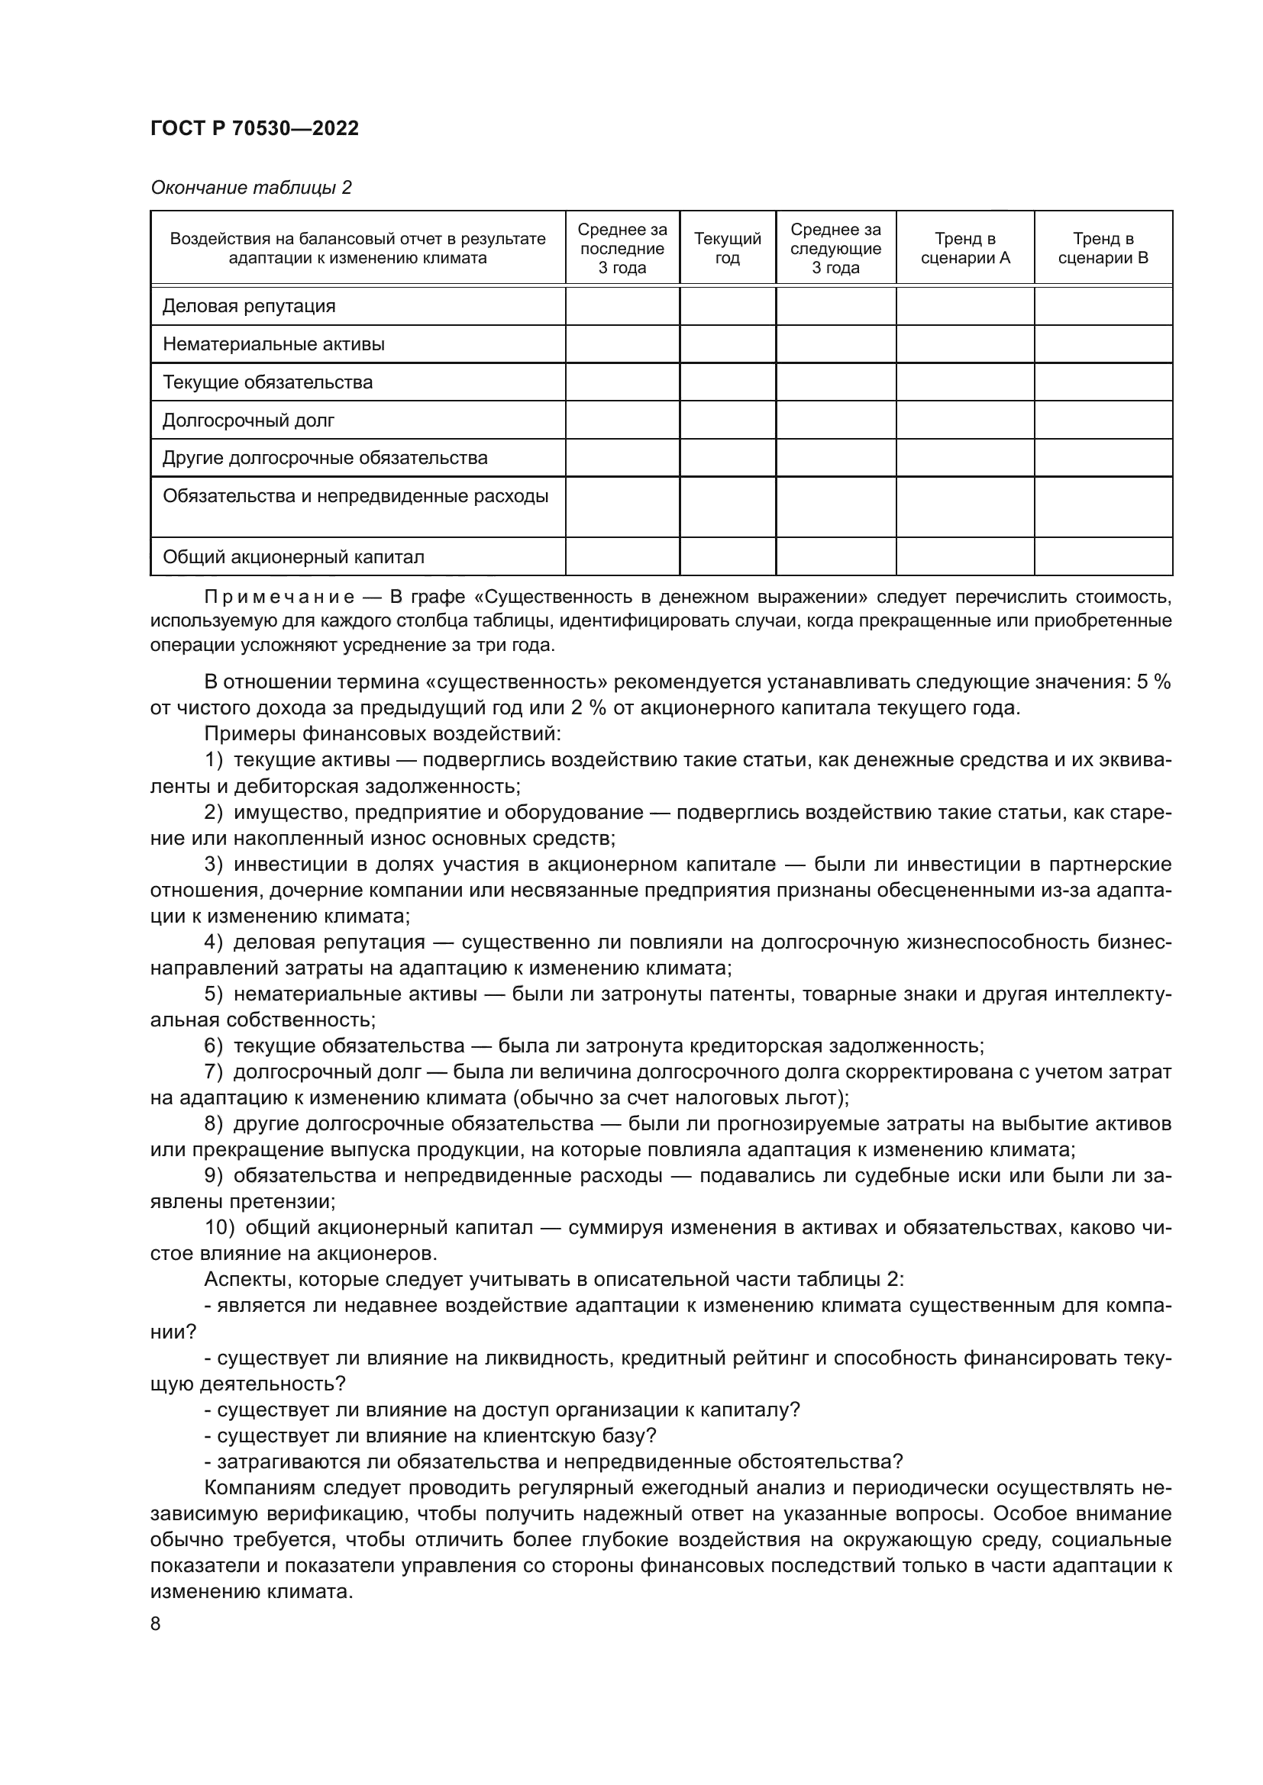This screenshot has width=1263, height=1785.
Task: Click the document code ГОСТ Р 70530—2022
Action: coord(254,128)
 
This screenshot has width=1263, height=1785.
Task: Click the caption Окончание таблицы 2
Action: coord(250,188)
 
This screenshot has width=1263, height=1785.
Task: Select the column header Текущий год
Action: coord(727,248)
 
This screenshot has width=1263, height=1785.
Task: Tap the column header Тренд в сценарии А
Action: coord(965,248)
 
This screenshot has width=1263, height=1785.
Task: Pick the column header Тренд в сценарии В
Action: coord(1103,248)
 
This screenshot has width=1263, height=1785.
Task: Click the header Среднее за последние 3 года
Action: coord(622,248)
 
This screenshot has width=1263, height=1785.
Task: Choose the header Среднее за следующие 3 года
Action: coord(836,248)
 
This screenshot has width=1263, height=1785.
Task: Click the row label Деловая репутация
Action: coord(249,305)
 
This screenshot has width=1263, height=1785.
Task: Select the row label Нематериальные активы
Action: coord(273,343)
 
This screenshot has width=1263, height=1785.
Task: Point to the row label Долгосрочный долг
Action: coord(248,420)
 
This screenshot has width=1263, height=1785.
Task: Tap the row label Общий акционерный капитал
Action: coord(293,556)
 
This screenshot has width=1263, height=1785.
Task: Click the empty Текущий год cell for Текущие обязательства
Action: coord(727,382)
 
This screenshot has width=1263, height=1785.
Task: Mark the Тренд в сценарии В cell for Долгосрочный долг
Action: coord(1103,420)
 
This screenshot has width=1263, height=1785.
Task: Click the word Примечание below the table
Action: coord(279,597)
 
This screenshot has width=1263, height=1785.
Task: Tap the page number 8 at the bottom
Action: coord(156,1623)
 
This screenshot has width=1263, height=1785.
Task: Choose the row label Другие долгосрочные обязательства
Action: coord(325,457)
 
